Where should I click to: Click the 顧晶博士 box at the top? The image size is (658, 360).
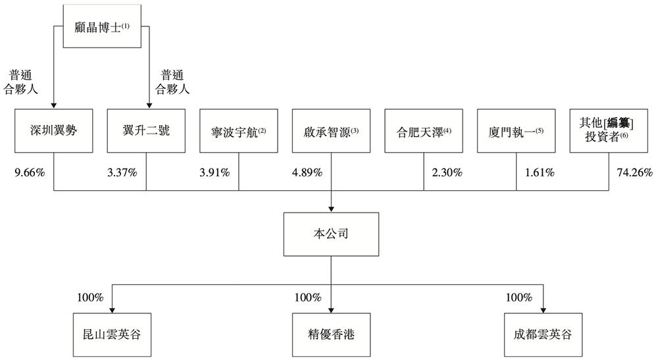(102, 26)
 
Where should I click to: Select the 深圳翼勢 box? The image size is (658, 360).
(54, 131)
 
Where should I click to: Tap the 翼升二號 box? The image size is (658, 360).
(146, 131)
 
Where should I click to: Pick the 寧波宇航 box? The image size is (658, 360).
(239, 131)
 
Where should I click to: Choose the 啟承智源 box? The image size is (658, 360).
(331, 131)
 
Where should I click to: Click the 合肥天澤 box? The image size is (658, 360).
(424, 131)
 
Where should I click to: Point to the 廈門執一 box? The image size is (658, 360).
(516, 131)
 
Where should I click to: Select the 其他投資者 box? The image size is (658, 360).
(609, 131)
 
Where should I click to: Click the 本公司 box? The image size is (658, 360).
(331, 234)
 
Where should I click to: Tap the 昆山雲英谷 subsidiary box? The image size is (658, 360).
(112, 335)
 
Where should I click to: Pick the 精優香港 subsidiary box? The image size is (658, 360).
(331, 335)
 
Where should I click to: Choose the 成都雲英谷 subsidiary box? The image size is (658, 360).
(543, 335)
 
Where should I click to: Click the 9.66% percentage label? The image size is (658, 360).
(30, 172)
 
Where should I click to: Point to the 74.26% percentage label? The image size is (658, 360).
(634, 172)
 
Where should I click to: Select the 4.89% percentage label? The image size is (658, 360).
(307, 172)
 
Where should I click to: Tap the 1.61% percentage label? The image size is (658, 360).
(540, 172)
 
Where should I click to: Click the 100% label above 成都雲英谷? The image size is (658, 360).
(519, 297)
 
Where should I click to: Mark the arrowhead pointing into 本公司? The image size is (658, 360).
(331, 209)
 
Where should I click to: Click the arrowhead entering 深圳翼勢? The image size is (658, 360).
(53, 106)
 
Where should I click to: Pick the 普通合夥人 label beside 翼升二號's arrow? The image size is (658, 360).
(172, 82)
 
